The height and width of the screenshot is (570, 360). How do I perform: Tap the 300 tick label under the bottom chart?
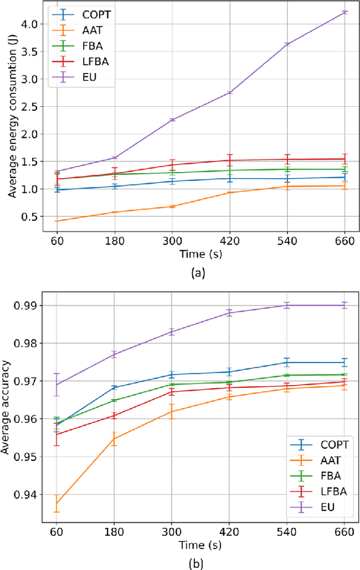(x=172, y=531)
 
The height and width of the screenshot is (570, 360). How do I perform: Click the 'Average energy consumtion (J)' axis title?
(x=12, y=119)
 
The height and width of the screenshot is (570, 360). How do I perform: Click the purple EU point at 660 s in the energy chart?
(x=344, y=12)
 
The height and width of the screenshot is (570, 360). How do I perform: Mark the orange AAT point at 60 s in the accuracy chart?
(x=57, y=503)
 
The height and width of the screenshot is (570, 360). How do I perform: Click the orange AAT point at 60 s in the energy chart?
(x=57, y=221)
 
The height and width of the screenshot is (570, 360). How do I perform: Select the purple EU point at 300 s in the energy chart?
(x=172, y=120)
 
